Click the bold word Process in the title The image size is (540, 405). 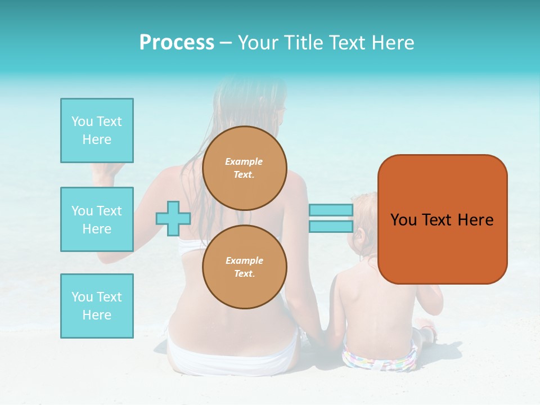(177, 43)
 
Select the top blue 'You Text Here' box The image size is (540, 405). (97, 130)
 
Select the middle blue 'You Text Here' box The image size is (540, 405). (97, 219)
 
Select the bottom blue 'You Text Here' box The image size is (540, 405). (97, 306)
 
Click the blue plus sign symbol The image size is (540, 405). (173, 218)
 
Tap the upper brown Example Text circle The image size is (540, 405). (245, 168)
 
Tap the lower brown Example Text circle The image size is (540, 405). (245, 267)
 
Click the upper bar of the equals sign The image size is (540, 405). (331, 210)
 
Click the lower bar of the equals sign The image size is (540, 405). (331, 227)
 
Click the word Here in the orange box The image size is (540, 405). (476, 220)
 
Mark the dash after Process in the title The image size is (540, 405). (226, 43)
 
